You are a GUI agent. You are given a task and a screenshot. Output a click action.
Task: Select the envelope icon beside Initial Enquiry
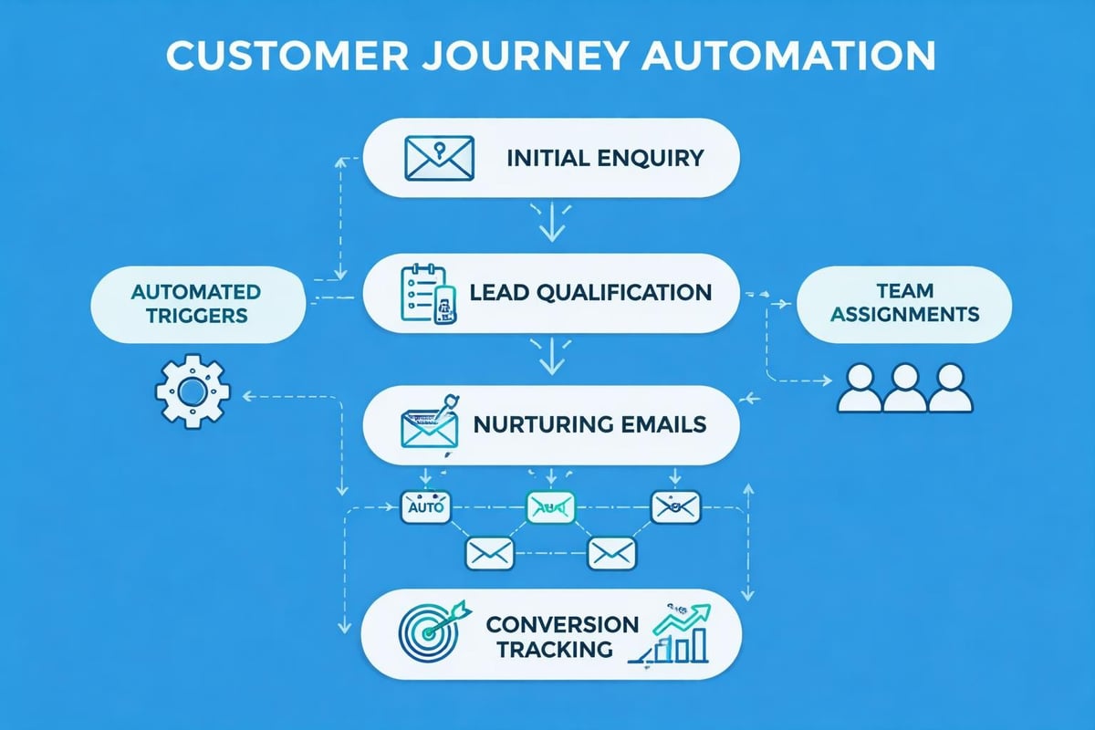pos(439,157)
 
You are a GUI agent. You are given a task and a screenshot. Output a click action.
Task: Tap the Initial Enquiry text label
pos(605,157)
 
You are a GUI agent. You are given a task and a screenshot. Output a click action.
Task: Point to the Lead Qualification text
pos(590,292)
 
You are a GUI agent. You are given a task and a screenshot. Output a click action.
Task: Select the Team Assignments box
pos(904,302)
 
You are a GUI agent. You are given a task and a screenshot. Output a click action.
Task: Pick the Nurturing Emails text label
pos(589,424)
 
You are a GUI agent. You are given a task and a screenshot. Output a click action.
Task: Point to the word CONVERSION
pos(562,624)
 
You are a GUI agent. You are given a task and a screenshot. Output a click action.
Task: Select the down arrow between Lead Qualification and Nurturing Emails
pos(550,358)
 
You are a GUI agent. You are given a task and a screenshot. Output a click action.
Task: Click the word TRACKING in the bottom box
pos(550,650)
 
